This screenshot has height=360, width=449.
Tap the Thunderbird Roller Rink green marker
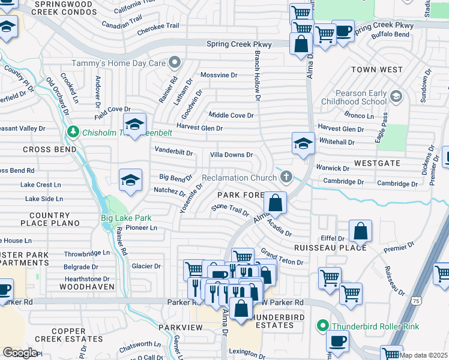(323, 326)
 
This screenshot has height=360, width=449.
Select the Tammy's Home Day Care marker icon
(175, 62)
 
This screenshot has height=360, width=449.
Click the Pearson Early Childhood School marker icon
(396, 97)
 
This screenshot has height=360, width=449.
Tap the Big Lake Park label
(125, 218)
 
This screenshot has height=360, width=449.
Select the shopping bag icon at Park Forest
(275, 203)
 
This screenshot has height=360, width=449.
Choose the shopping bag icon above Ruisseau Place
(360, 230)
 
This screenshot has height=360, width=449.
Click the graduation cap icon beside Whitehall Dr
(304, 143)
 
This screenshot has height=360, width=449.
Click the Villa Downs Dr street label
(231, 155)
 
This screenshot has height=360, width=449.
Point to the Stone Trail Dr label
(229, 211)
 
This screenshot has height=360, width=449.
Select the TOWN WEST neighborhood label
(376, 70)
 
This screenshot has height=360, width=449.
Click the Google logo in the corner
(20, 352)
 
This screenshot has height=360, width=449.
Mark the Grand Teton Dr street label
(282, 259)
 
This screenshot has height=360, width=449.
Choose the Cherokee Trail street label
(158, 26)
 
